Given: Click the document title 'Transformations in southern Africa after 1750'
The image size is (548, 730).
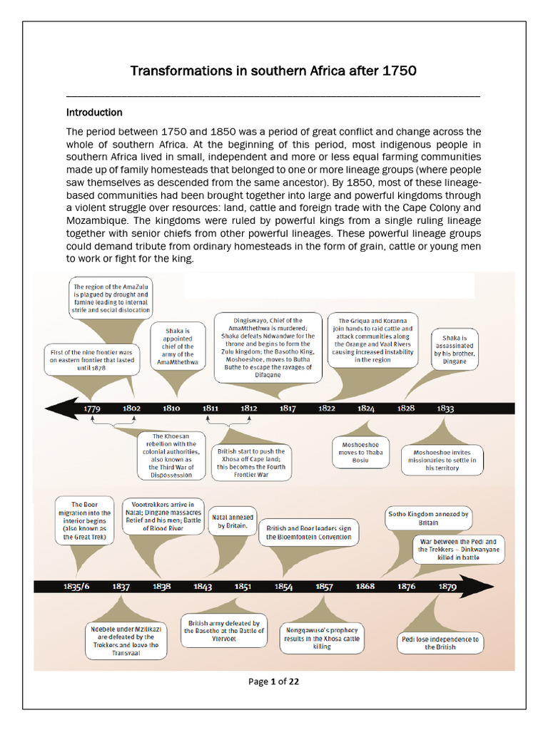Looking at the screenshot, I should pyautogui.click(x=273, y=71).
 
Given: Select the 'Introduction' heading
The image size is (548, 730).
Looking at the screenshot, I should pyautogui.click(x=94, y=113).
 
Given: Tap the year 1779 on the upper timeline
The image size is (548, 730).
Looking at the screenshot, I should pyautogui.click(x=91, y=408).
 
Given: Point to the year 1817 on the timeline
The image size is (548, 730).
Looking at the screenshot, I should pyautogui.click(x=288, y=408).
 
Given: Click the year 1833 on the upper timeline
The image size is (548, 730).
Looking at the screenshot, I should pyautogui.click(x=445, y=408).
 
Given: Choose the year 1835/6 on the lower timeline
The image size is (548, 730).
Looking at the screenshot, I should pyautogui.click(x=76, y=587).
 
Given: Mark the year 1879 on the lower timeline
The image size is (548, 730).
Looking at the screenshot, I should pyautogui.click(x=447, y=587).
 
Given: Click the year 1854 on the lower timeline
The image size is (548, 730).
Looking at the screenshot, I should pyautogui.click(x=284, y=587).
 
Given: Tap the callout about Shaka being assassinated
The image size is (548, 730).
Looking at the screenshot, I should pyautogui.click(x=455, y=349).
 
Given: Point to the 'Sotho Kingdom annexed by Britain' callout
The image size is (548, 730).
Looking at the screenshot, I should pyautogui.click(x=427, y=518).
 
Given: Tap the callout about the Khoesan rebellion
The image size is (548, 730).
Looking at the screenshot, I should pyautogui.click(x=172, y=455).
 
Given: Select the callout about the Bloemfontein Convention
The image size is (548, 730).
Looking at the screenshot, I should pyautogui.click(x=308, y=533).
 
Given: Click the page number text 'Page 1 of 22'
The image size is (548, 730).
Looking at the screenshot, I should pyautogui.click(x=273, y=682).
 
